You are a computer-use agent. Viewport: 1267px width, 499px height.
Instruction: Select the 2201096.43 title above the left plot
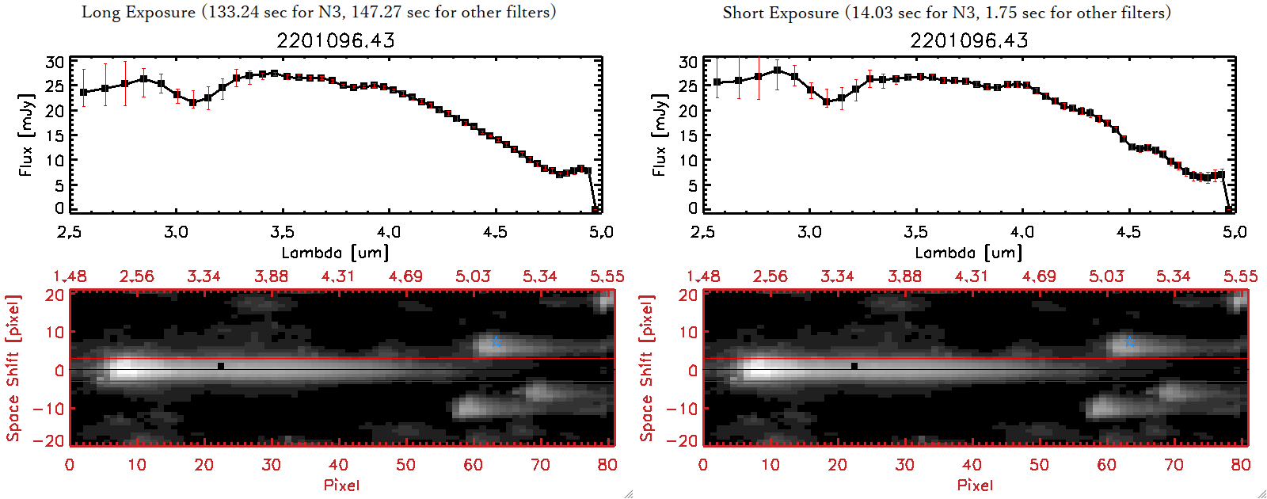click(336, 40)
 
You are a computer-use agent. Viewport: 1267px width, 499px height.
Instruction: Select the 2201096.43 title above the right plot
click(969, 40)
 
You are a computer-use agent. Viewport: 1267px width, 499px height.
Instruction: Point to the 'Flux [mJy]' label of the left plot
click(26, 135)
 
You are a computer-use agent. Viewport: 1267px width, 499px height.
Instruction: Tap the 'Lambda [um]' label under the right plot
click(968, 253)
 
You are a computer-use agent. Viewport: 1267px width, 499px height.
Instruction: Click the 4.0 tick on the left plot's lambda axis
click(389, 232)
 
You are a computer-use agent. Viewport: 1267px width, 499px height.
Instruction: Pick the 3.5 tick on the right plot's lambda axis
click(915, 232)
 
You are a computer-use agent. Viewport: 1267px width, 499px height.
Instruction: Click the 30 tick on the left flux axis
click(55, 62)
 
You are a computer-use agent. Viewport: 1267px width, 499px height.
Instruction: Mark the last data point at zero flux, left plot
click(595, 209)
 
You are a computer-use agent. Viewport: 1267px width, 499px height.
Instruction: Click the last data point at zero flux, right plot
click(1229, 209)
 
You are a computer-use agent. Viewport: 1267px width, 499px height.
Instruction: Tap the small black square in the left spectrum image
click(221, 366)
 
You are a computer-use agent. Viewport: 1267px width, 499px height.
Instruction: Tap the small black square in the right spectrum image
click(854, 366)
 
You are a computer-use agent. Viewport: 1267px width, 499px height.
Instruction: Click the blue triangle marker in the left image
click(497, 342)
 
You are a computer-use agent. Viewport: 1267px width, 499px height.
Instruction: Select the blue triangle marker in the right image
click(1130, 342)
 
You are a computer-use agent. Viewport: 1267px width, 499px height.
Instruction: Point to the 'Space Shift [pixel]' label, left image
click(13, 368)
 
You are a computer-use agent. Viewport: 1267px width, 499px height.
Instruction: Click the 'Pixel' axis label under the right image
click(975, 485)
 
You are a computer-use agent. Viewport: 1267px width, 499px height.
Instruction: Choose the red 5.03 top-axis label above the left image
click(473, 276)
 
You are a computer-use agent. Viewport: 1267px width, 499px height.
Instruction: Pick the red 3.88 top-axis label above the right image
click(904, 276)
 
